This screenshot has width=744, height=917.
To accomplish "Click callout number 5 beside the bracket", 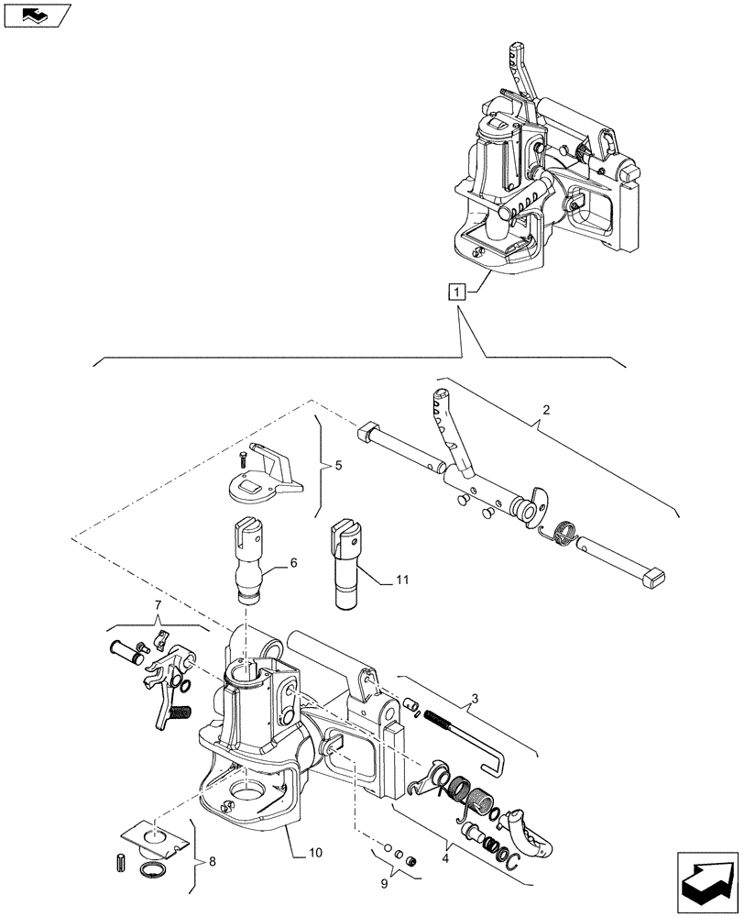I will pyautogui.click(x=338, y=467).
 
